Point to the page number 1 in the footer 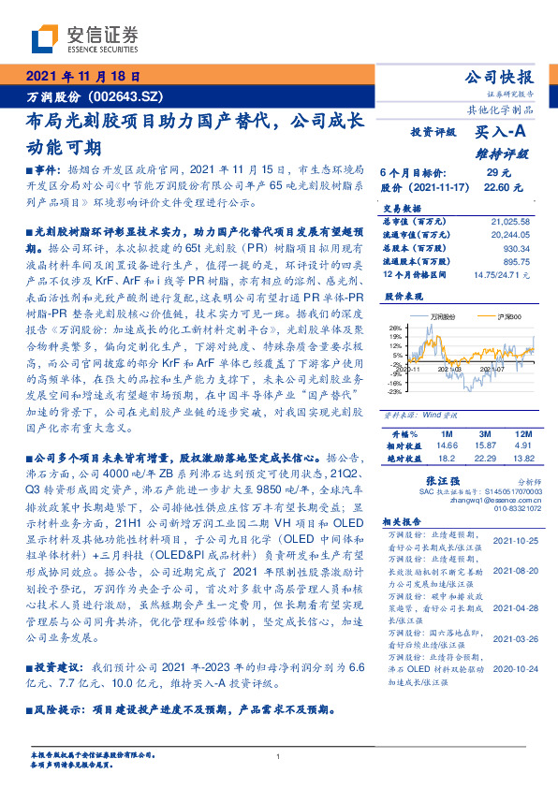(279, 756)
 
